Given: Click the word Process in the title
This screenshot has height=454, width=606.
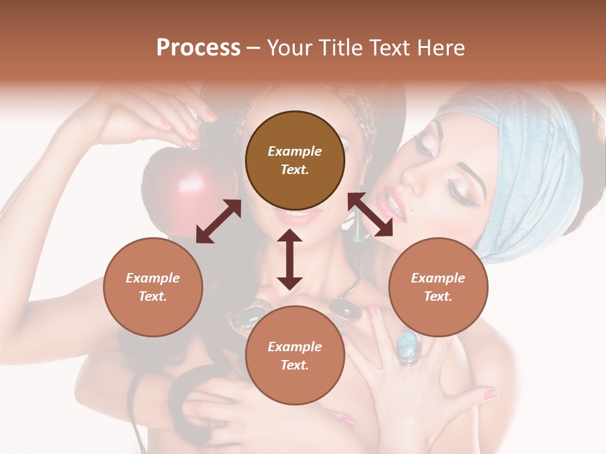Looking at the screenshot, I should (x=198, y=48).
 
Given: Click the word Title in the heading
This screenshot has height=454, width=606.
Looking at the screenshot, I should (x=339, y=48).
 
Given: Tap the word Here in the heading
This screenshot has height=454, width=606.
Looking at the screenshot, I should (x=440, y=48).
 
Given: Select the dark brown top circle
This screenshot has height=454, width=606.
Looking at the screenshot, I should (x=295, y=161).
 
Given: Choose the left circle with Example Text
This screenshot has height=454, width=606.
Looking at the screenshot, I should (x=153, y=287).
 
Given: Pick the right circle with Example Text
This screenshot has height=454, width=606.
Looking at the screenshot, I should (x=438, y=287).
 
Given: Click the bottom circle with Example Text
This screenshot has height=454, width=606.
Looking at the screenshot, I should (x=295, y=356).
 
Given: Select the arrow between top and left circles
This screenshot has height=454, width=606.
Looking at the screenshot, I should (x=218, y=221).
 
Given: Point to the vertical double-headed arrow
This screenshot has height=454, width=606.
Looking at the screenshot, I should (x=290, y=259).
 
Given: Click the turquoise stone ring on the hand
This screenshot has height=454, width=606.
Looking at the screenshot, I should (x=408, y=344).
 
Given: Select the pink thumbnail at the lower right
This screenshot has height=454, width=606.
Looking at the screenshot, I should (x=490, y=394).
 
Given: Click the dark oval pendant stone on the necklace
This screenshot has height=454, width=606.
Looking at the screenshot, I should (x=348, y=310).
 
